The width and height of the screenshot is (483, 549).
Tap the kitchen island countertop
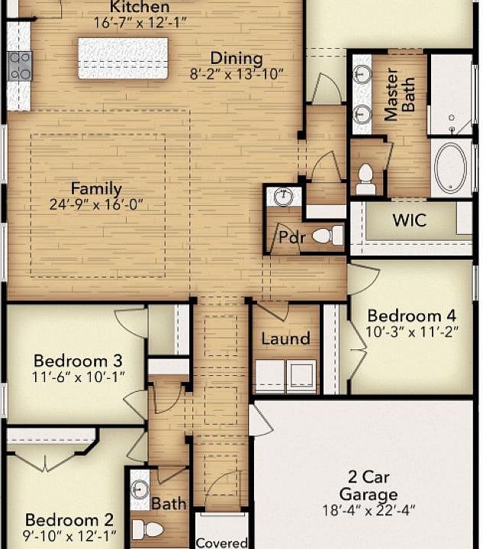(x=123, y=58)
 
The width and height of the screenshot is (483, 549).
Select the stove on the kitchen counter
(x=18, y=66)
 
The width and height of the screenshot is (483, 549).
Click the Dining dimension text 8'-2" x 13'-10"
(x=237, y=74)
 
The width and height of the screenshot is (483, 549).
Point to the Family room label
(x=96, y=188)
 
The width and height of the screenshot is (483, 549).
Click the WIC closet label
(x=409, y=221)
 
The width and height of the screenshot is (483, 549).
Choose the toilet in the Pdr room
(x=328, y=236)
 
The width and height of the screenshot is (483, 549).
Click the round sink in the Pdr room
(x=283, y=197)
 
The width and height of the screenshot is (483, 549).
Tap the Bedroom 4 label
(x=404, y=316)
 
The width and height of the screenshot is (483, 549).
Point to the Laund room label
(x=285, y=339)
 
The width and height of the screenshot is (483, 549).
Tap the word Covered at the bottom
(x=221, y=543)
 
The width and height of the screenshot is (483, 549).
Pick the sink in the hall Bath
(x=140, y=489)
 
